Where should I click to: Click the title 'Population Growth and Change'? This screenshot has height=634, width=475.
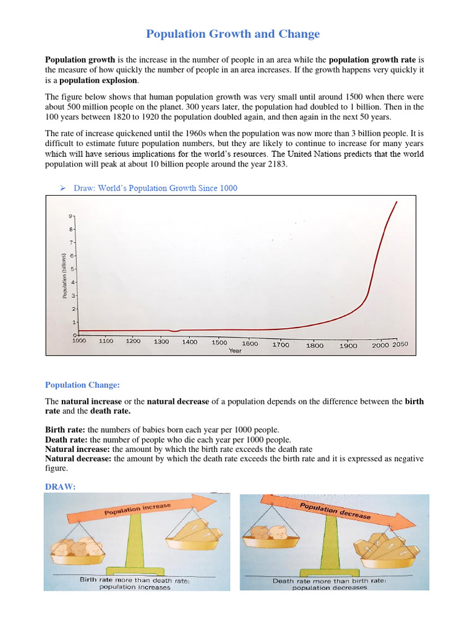[x=233, y=34]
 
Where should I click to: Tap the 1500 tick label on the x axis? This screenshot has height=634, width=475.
[x=220, y=342]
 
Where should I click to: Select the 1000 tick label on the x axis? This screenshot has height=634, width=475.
[x=79, y=341]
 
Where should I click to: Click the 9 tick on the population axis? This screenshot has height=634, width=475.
[x=71, y=216]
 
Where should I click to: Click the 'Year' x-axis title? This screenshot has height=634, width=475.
[x=235, y=350]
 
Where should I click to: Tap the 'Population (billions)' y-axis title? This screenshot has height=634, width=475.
[x=64, y=276]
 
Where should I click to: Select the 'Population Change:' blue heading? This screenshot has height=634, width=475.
[x=82, y=385]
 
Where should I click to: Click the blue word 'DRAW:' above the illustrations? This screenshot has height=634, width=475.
[x=60, y=487]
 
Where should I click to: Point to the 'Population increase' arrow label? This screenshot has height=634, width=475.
[x=137, y=509]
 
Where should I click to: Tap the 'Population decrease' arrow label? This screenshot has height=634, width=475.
[x=335, y=511]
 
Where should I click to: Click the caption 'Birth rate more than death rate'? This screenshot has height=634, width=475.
[x=134, y=580]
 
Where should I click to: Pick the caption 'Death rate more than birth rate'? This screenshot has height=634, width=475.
[x=328, y=581]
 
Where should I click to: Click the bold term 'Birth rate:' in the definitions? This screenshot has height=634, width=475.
[x=65, y=429]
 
